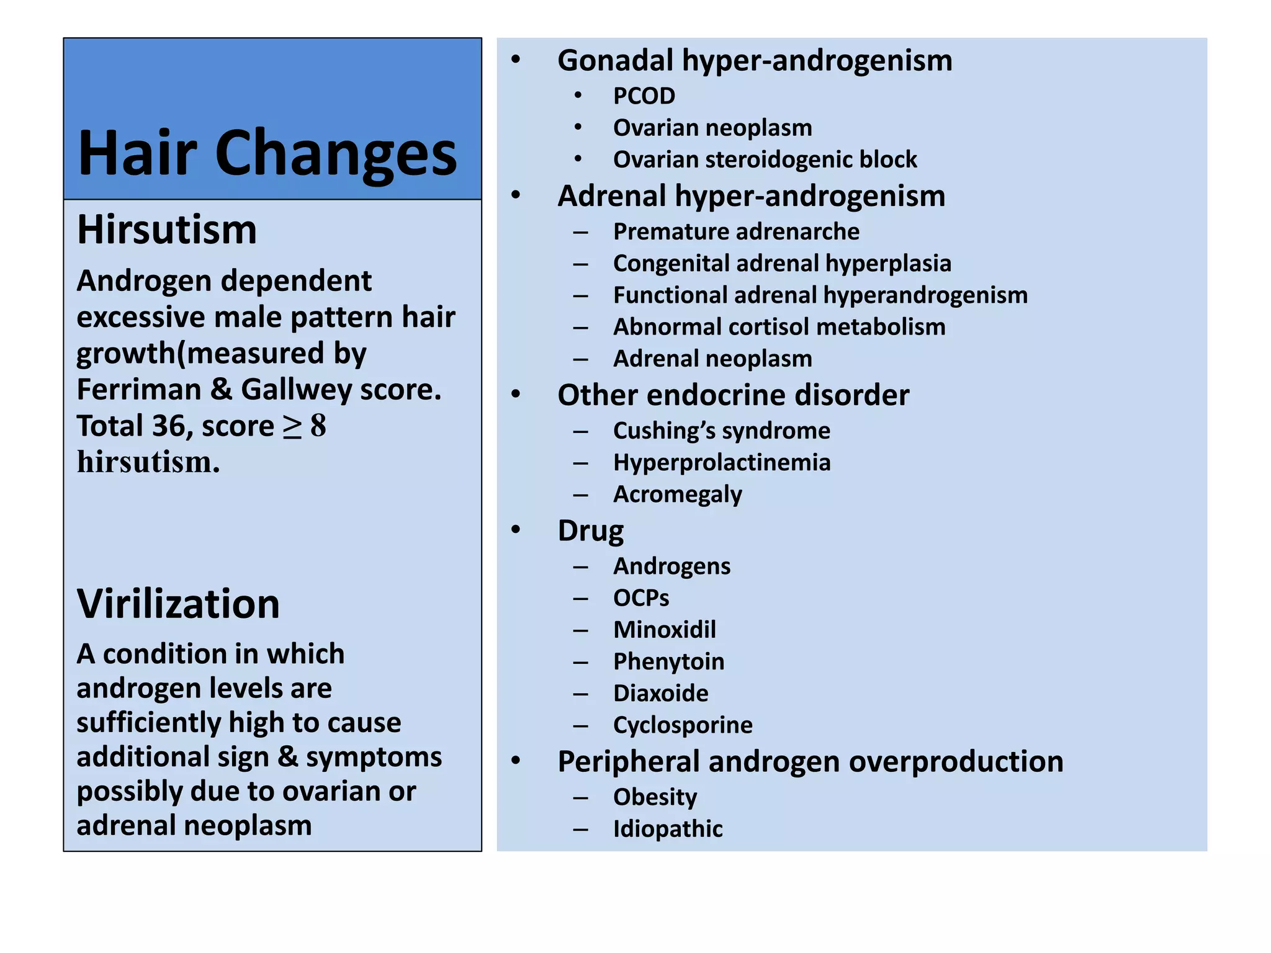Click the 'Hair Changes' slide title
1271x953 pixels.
click(x=267, y=153)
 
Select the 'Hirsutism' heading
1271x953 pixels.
click(x=167, y=230)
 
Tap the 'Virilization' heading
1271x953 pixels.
click(x=178, y=604)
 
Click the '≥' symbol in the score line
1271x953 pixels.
click(x=292, y=426)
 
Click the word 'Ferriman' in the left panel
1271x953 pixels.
click(x=138, y=390)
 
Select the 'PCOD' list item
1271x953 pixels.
click(x=644, y=96)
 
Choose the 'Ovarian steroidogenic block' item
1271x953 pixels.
click(x=765, y=159)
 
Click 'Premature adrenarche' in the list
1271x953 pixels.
click(x=736, y=231)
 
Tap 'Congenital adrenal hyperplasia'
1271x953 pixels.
click(x=782, y=263)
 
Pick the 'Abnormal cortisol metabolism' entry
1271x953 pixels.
click(x=779, y=327)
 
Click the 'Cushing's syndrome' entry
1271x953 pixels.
click(x=721, y=431)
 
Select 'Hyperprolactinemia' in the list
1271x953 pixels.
click(x=721, y=462)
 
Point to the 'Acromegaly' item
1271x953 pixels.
click(x=677, y=494)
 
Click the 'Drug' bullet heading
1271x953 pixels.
click(x=590, y=531)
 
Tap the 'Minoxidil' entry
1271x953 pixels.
click(x=664, y=630)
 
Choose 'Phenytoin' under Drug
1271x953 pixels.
click(x=668, y=661)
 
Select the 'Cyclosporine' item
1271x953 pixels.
click(x=683, y=725)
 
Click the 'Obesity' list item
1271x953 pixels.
click(x=655, y=797)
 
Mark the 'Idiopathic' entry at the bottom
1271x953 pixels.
click(x=668, y=829)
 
